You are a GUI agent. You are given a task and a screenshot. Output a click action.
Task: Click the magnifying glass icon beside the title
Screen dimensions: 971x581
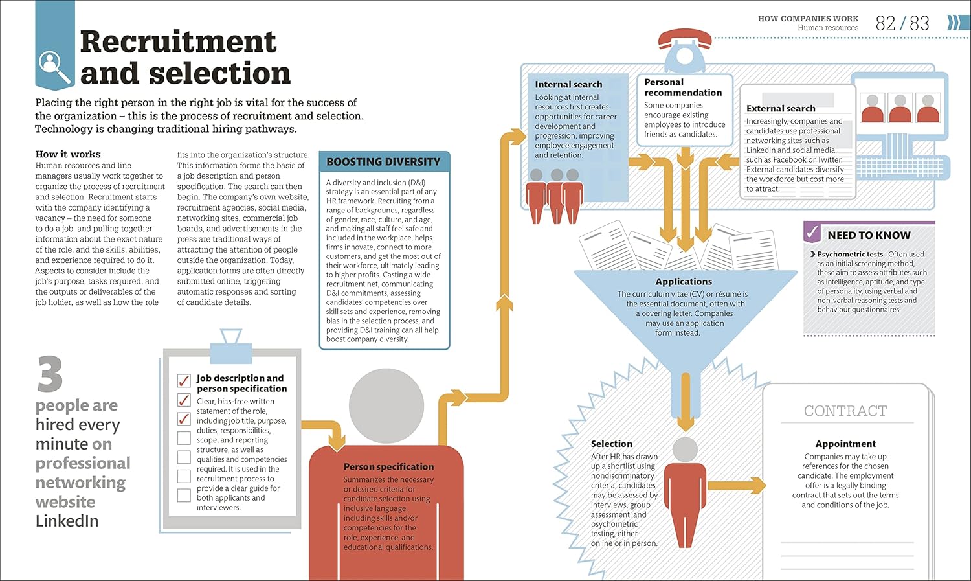click(54, 67)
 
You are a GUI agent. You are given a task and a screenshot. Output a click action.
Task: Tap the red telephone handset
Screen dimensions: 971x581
click(685, 38)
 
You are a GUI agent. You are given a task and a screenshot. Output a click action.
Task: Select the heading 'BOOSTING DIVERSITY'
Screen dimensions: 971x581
click(383, 162)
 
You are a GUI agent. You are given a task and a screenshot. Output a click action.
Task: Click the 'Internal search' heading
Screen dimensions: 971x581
click(568, 85)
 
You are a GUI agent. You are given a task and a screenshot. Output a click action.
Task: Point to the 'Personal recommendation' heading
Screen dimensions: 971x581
click(682, 87)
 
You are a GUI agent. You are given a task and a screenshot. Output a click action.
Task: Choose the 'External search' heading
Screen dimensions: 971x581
click(781, 108)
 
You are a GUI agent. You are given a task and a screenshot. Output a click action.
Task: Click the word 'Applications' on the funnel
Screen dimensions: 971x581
click(684, 281)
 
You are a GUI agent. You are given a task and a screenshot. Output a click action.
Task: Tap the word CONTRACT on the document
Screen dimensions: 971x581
click(845, 411)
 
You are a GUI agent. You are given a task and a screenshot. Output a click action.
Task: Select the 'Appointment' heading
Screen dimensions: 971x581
click(845, 444)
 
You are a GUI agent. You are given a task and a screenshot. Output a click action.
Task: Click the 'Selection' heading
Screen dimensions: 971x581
click(611, 444)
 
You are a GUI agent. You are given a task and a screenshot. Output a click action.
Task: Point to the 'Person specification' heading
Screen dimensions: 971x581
click(388, 466)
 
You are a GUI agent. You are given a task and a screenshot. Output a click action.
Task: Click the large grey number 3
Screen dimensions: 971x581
click(50, 373)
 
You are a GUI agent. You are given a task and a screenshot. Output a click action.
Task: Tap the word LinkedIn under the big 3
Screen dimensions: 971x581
click(67, 521)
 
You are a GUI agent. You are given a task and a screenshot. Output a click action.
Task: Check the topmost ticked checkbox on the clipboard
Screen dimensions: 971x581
click(184, 380)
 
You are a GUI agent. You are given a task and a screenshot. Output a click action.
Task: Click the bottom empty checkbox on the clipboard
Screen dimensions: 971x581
click(184, 495)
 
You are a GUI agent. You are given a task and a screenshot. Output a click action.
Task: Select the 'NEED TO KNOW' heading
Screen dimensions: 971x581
click(869, 235)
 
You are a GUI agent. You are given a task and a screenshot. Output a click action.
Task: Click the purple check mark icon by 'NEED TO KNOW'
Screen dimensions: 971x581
click(812, 233)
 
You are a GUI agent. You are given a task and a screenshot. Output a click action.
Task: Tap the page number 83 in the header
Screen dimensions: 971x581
click(919, 23)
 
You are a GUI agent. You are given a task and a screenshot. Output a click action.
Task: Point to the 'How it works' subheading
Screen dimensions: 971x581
click(67, 154)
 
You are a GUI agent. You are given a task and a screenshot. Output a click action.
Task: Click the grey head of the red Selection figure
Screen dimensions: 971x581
click(686, 450)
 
